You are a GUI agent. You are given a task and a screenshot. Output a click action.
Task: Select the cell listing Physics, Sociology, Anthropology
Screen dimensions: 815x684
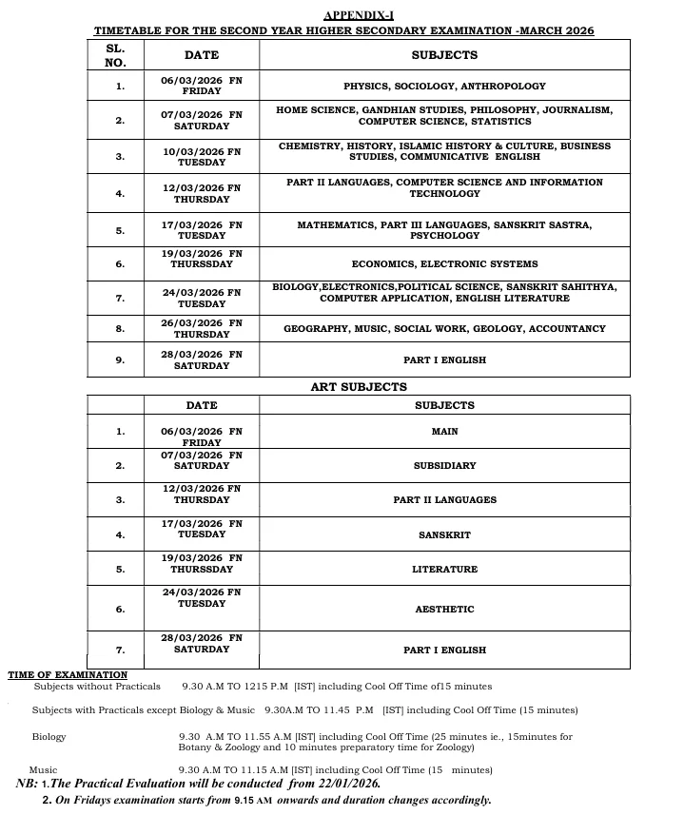444,86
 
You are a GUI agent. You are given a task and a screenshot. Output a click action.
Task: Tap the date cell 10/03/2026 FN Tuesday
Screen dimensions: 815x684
202,157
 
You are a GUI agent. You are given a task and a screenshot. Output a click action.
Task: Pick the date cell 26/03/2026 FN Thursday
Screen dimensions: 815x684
202,329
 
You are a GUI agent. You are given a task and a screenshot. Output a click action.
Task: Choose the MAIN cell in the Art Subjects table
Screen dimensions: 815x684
444,432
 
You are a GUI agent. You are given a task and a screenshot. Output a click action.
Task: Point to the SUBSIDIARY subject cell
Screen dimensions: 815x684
444,466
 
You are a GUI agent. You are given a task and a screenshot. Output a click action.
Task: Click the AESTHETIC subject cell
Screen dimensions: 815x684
444,610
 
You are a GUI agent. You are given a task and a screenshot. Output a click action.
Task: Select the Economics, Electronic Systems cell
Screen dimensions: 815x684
444,264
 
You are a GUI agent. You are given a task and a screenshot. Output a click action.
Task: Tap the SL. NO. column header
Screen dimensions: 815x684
114,55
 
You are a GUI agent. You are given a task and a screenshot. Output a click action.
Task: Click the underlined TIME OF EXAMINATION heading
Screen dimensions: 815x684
68,674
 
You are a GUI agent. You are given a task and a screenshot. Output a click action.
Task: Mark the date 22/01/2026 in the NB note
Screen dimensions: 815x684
341,784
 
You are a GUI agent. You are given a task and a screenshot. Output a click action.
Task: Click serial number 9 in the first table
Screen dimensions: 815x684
120,360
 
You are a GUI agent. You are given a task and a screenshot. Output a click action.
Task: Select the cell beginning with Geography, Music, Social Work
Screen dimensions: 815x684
444,329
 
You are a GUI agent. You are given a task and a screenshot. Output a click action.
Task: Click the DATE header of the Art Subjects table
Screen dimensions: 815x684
202,405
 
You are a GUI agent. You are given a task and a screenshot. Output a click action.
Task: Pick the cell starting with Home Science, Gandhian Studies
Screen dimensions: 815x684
444,116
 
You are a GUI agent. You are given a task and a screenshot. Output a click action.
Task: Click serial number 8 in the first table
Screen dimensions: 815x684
120,329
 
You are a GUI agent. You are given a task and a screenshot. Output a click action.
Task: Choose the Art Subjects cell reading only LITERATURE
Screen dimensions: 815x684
444,570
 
